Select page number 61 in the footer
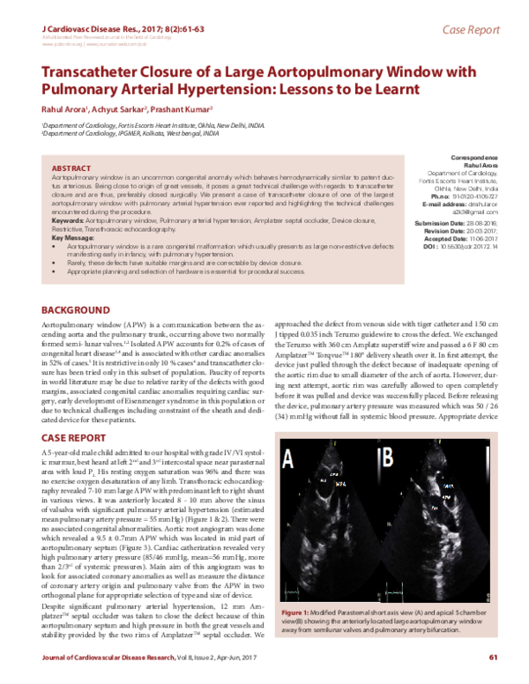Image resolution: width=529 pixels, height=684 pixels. coord(494,657)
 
